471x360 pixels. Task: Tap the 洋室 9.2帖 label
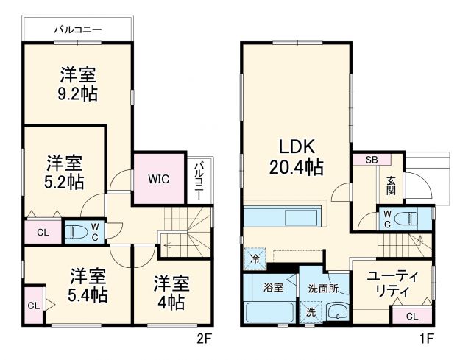[77, 84]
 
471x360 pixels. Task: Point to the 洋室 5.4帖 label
[88, 286]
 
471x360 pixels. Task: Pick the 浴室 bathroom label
[274, 287]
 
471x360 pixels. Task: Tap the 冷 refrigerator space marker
[253, 258]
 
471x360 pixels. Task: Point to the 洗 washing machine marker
[310, 313]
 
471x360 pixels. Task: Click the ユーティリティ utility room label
[392, 283]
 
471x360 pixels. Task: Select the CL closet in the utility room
[411, 316]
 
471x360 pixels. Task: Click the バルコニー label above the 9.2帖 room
[77, 30]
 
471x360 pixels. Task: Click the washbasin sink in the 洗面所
[337, 311]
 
